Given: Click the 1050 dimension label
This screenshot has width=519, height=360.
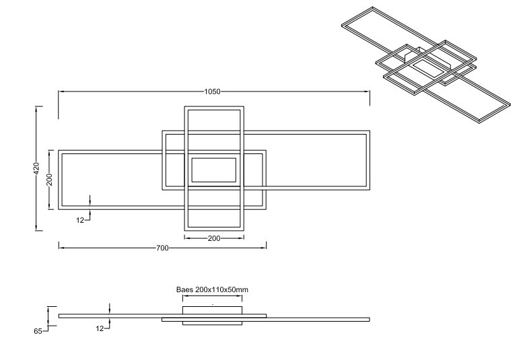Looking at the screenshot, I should pos(213,92).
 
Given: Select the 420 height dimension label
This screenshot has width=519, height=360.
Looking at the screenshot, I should pos(37,168).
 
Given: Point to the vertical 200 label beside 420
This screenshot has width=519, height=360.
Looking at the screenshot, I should pos(49,180).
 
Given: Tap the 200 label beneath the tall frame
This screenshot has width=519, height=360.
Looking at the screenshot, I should pos(213,238).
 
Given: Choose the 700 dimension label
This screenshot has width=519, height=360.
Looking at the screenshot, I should pos(162,248).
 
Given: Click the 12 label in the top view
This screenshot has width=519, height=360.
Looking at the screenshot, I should pos(80,220).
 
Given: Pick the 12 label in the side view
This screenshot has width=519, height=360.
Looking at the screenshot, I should pos(100,328).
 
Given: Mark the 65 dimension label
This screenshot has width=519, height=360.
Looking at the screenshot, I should pos(38,331).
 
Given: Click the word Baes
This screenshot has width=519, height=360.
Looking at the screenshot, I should pos(185,289).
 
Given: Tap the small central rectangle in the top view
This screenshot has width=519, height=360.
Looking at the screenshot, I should pos(213,170).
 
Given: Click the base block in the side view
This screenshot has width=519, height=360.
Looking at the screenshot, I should pos(213,310).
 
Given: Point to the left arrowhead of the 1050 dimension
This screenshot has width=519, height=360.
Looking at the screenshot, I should pos(61,92).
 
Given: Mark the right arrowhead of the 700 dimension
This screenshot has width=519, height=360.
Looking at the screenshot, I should pos(265,248).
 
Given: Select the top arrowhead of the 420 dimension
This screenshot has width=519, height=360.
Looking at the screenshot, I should pos(37,108).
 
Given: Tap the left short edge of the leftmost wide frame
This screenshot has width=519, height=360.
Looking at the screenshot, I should pos(60,180).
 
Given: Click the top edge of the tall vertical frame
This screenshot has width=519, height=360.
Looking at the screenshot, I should pos(213,108).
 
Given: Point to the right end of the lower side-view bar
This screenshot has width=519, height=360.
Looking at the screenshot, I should pos(368,320).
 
